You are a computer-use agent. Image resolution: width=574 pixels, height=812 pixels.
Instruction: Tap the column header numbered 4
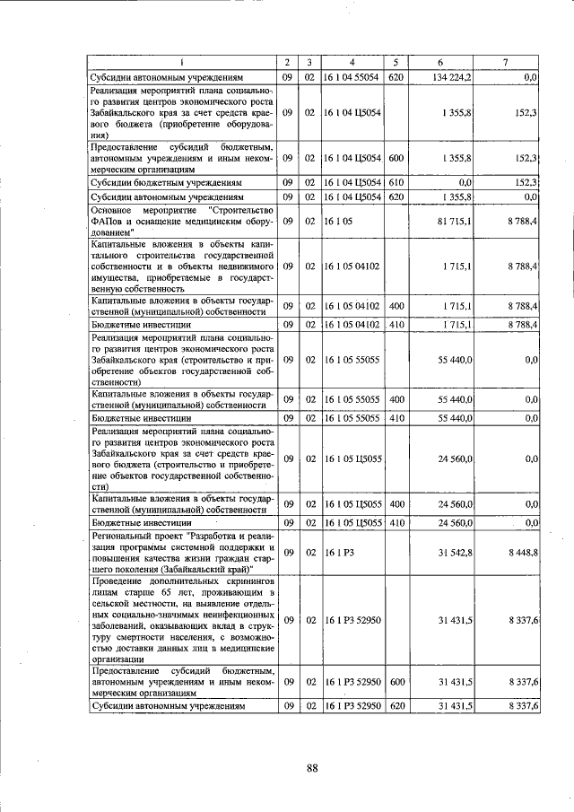[x=352, y=62]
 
